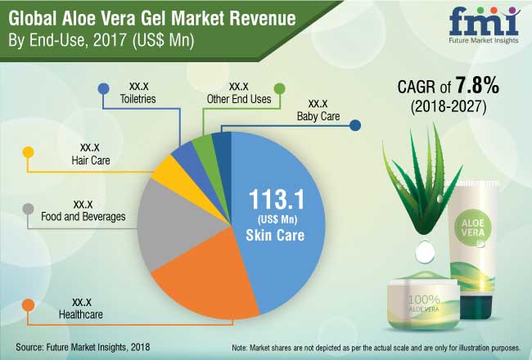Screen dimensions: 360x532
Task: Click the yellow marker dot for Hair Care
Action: (27, 152)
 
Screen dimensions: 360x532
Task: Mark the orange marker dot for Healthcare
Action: (28, 306)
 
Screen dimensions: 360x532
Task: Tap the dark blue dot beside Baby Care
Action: (354, 126)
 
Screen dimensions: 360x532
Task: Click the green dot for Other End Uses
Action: (279, 88)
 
